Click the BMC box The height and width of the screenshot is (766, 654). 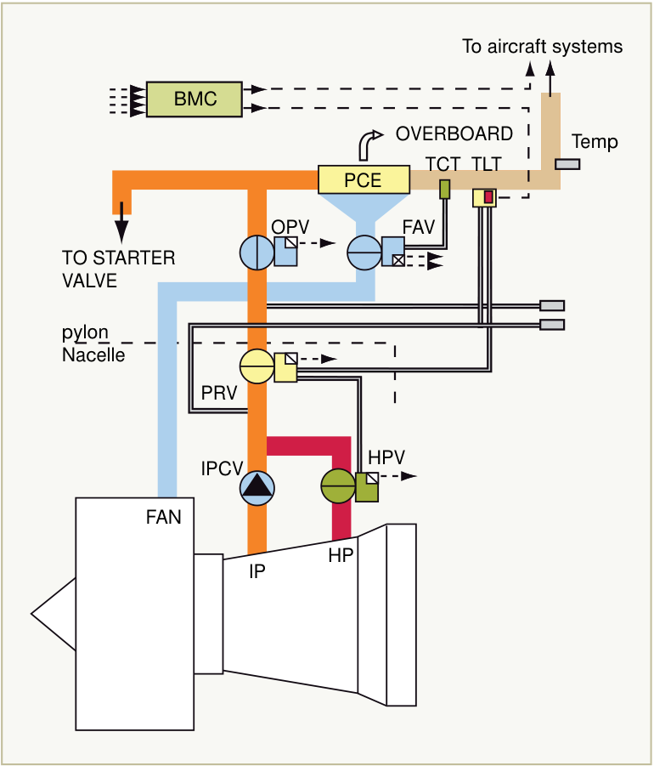click(195, 99)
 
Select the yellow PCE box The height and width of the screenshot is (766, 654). click(364, 179)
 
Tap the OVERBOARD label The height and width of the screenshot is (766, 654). click(454, 133)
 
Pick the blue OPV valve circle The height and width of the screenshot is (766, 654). click(257, 252)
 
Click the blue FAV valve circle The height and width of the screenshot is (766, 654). click(364, 252)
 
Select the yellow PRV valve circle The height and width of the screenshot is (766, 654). click(257, 366)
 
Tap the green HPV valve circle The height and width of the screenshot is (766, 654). click(338, 486)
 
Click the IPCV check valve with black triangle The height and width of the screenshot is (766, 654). click(257, 488)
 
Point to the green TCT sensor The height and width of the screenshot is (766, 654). click(444, 189)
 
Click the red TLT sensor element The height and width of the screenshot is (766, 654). click(488, 197)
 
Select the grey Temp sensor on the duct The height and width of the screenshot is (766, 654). click(567, 164)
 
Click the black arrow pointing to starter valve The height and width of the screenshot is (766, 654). click(121, 222)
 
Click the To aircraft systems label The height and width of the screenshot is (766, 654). click(542, 47)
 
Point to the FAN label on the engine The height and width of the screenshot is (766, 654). click(163, 518)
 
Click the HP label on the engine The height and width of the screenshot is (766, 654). click(341, 555)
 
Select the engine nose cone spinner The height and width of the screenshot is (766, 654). click(54, 614)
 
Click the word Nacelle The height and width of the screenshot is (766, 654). click(93, 355)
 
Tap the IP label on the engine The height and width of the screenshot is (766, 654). click(257, 571)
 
